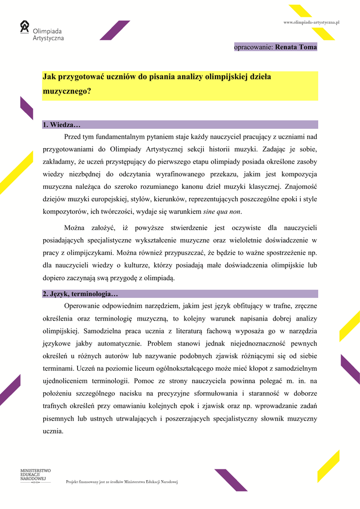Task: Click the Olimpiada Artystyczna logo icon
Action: pos(25,27)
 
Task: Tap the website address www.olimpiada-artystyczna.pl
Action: pos(311,22)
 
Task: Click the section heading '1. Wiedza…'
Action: pos(62,125)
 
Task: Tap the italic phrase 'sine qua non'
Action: pos(222,212)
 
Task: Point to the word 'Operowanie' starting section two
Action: pos(82,306)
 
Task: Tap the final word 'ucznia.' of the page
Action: pos(53,431)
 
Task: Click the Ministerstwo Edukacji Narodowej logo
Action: pos(35,475)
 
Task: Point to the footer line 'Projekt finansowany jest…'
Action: pos(122,482)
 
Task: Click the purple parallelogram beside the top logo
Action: pos(114,30)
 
